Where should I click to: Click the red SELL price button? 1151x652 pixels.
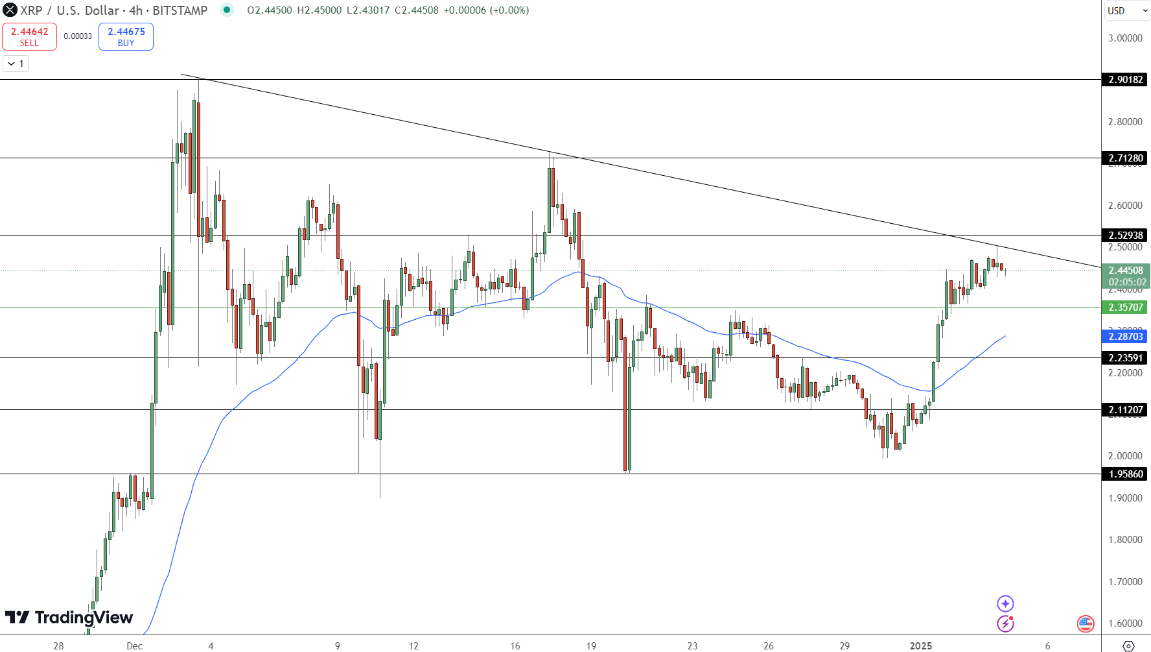[29, 36]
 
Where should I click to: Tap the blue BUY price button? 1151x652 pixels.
[126, 36]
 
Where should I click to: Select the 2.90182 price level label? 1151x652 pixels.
[1125, 80]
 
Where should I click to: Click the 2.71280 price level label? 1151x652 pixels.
[1125, 158]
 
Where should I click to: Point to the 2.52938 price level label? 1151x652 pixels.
[1125, 235]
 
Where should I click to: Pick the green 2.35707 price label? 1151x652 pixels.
[1125, 308]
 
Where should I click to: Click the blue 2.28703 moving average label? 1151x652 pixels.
[1125, 336]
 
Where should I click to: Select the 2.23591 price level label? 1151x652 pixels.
[1125, 358]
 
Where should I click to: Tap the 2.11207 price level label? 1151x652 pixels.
[1125, 410]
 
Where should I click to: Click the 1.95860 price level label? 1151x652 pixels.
[1125, 474]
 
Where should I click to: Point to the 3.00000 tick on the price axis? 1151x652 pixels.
[1125, 38]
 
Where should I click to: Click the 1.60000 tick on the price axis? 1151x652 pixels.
[1125, 623]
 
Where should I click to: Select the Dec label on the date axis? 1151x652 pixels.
[135, 646]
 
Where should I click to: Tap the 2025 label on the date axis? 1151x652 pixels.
[921, 646]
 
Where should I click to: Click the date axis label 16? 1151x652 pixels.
[515, 646]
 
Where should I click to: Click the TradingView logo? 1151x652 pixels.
[69, 618]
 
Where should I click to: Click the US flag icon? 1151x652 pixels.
[1086, 623]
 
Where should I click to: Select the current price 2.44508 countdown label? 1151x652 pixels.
[1125, 276]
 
